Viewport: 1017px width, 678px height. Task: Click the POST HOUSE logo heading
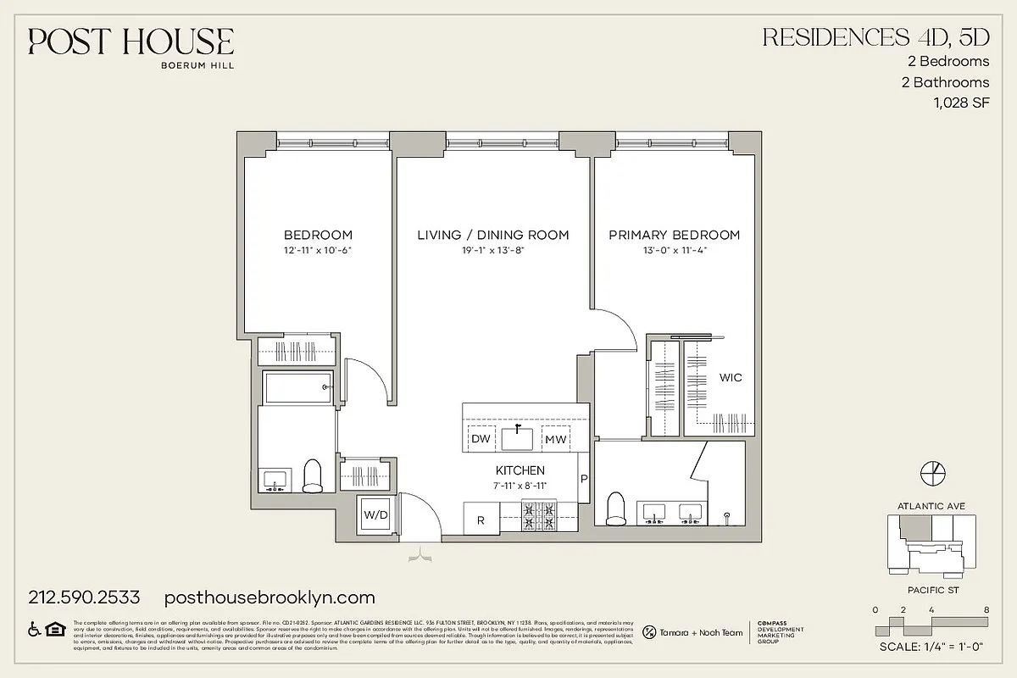pos(131,41)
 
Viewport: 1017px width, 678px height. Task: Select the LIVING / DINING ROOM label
pos(492,235)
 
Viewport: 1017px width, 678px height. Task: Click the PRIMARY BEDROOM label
pos(674,235)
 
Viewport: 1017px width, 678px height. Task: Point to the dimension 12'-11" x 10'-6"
pos(318,250)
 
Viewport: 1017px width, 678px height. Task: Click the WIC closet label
pos(730,377)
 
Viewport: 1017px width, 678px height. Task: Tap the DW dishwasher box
pos(481,439)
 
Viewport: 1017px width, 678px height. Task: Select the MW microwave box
pos(555,439)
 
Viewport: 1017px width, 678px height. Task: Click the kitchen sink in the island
pos(517,438)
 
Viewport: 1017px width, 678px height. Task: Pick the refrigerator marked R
pos(481,520)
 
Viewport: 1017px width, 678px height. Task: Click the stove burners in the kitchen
pos(538,517)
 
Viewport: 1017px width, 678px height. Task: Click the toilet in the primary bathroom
pos(617,508)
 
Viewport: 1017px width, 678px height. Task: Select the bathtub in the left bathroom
pos(297,388)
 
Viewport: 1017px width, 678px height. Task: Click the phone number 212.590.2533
pos(85,597)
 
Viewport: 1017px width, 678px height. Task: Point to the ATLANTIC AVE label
pos(931,506)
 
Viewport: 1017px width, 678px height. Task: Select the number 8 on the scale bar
pos(986,609)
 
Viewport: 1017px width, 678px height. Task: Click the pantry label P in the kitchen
pos(584,479)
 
